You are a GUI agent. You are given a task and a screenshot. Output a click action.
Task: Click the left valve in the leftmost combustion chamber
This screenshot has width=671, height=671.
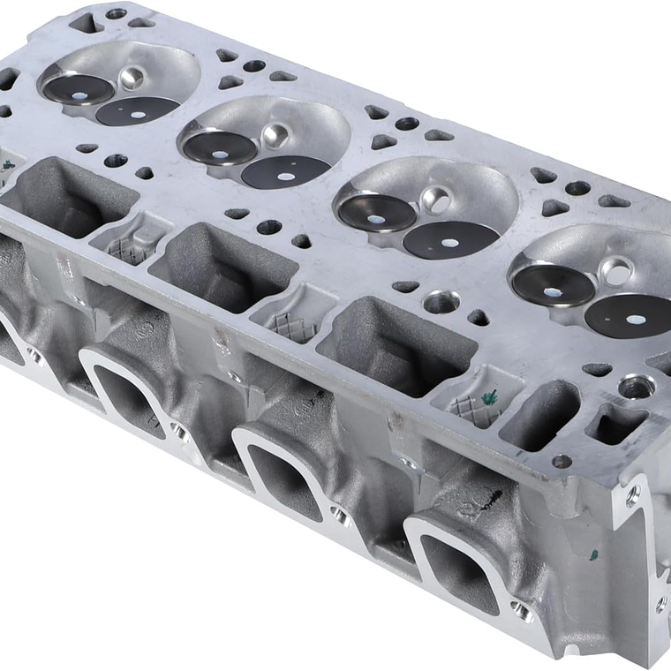79,88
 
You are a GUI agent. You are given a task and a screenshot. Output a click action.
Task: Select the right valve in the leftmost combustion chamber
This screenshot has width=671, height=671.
137,110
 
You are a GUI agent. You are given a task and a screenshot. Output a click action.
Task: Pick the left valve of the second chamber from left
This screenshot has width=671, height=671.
218,146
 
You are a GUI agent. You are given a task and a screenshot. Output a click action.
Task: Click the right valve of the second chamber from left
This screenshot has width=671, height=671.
285,172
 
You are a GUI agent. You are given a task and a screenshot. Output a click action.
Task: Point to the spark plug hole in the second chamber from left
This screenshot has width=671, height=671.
275,135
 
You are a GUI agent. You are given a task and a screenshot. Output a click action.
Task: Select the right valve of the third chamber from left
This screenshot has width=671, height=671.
451,239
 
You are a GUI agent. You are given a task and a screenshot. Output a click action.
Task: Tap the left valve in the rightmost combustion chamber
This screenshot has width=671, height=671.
552,285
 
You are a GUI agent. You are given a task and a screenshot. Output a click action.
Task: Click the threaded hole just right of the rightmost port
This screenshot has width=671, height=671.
522,610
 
